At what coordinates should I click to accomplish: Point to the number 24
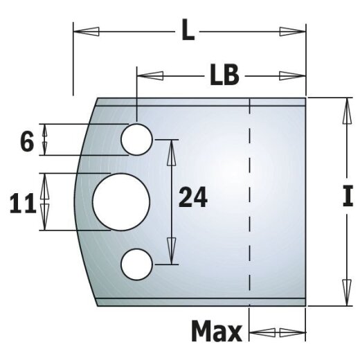pos(193,199)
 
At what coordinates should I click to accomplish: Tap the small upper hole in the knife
pos(136,139)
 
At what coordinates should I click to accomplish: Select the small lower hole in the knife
pos(136,264)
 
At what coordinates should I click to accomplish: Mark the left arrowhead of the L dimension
pos(87,32)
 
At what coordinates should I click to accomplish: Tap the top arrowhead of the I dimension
pos(343,111)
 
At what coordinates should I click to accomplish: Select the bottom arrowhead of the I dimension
pos(343,290)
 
